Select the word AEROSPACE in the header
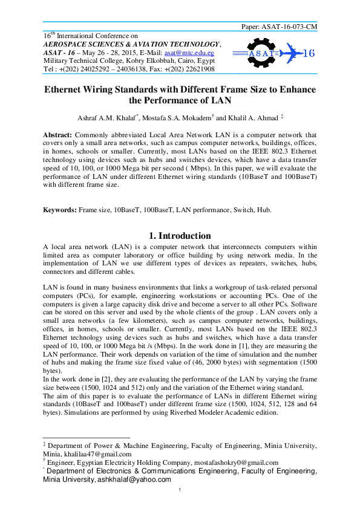pyautogui.click(x=60, y=44)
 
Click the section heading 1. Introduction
pyautogui.click(x=180, y=236)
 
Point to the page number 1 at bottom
pyautogui.click(x=180, y=498)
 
